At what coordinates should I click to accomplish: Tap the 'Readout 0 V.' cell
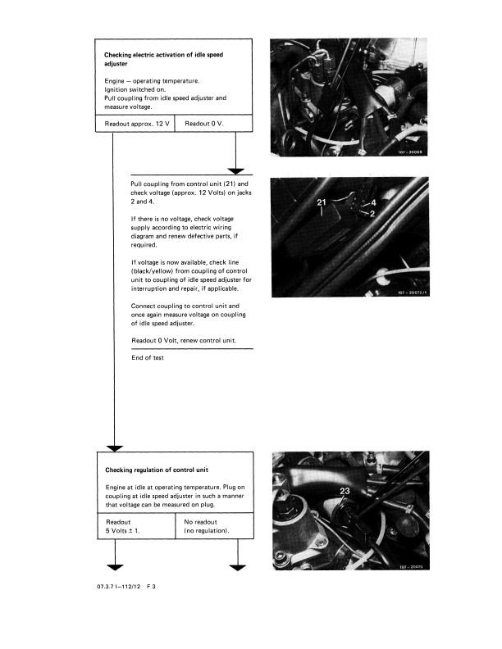pyautogui.click(x=205, y=124)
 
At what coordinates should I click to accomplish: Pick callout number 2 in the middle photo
pyautogui.click(x=372, y=213)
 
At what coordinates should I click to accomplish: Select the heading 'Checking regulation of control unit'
pyautogui.click(x=157, y=470)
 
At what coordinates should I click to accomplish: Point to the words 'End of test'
pyautogui.click(x=149, y=357)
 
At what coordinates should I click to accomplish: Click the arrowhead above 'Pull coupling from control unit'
pyautogui.click(x=236, y=170)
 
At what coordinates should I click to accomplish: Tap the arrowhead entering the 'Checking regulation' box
pyautogui.click(x=113, y=447)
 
